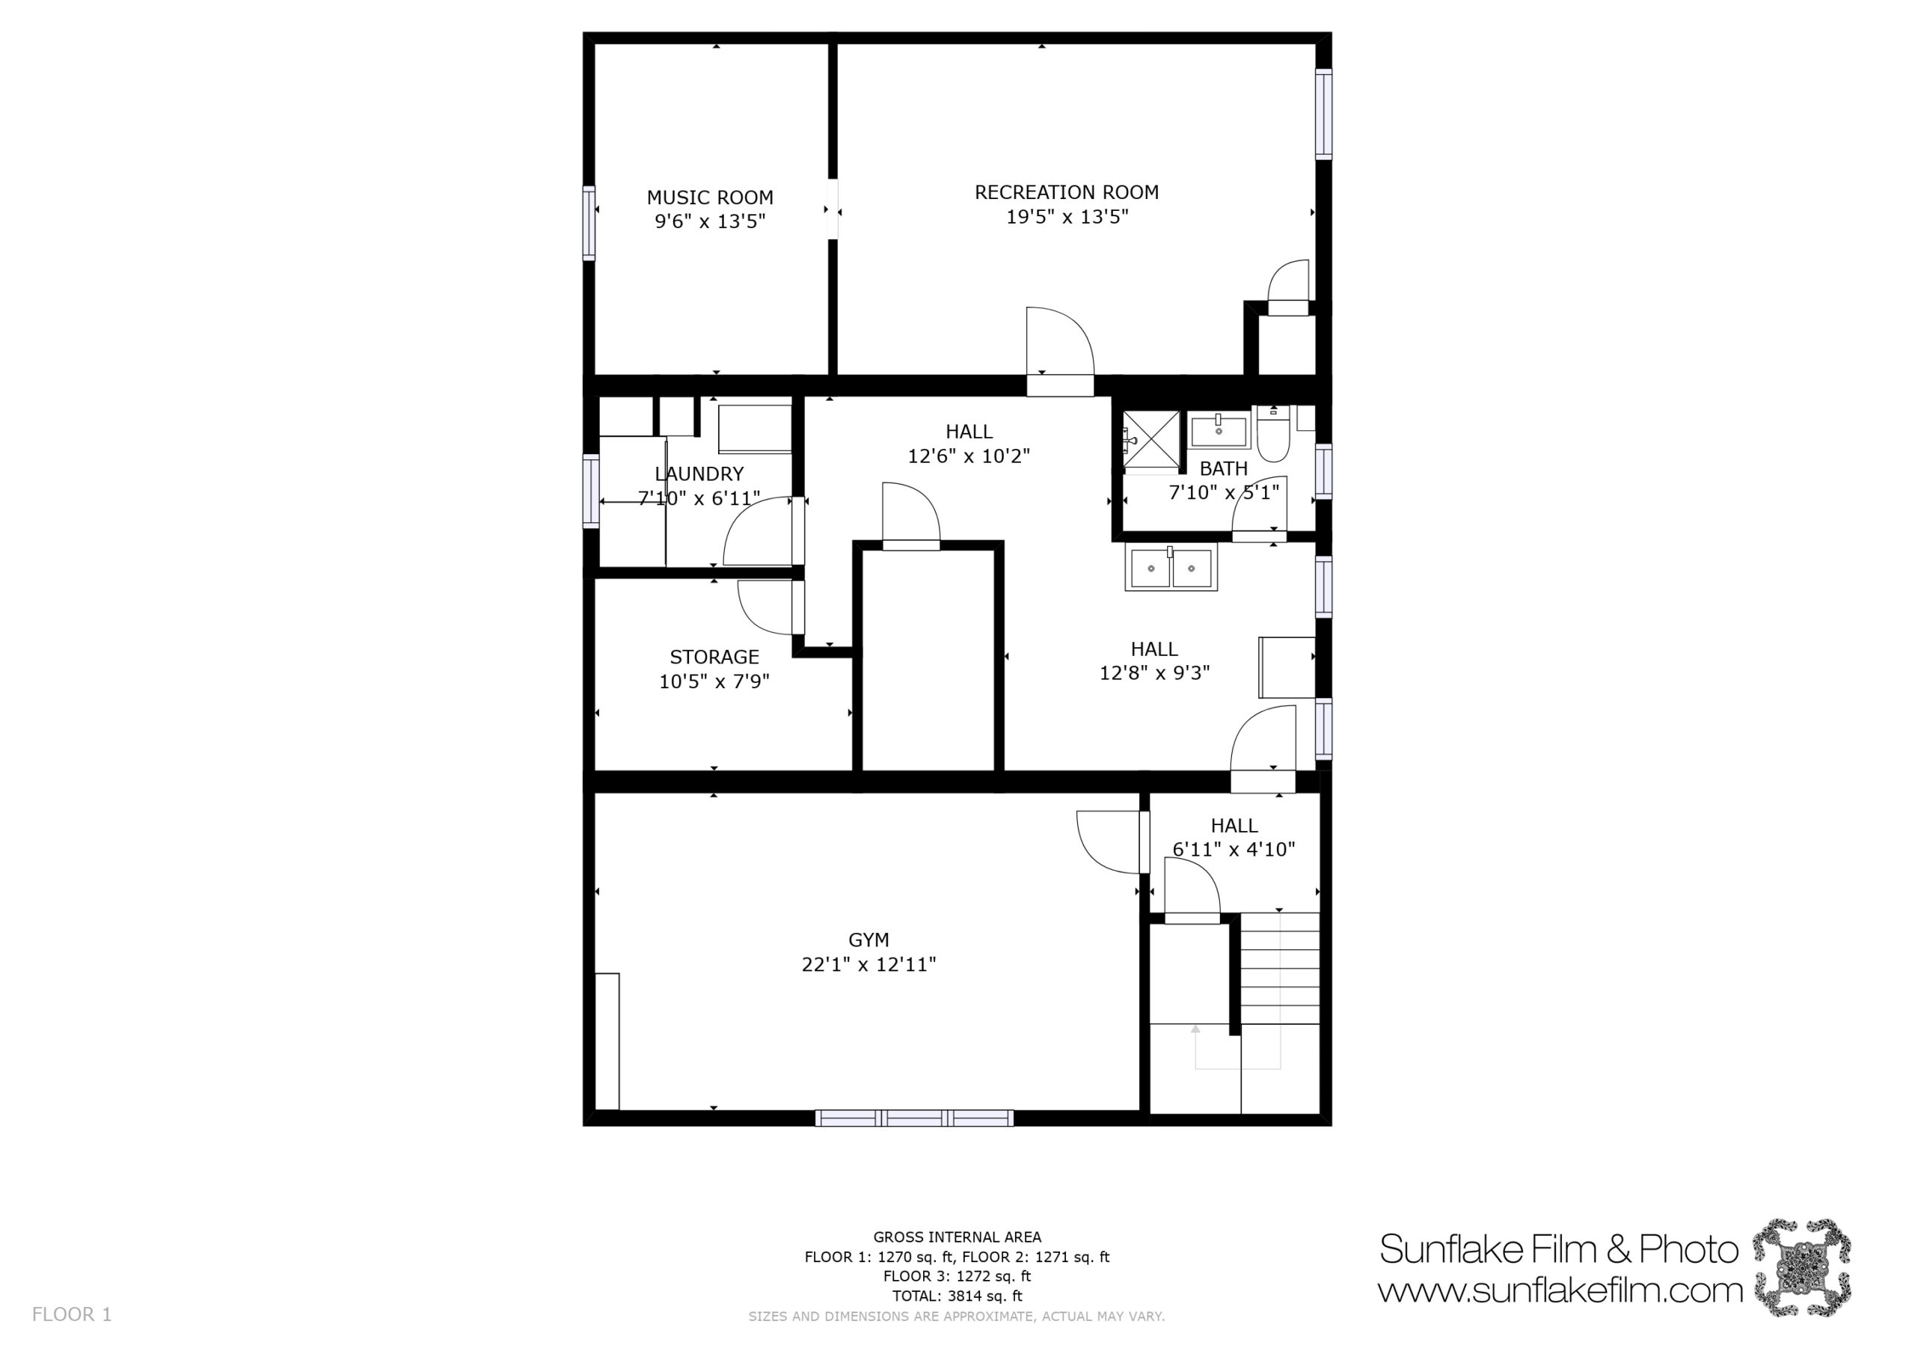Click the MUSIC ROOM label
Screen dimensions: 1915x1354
tap(710, 197)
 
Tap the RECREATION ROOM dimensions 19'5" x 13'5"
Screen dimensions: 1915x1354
tap(1067, 217)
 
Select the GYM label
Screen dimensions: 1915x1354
tap(868, 940)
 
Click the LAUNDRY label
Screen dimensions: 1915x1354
tap(699, 474)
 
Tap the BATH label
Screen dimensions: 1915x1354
tap(1224, 469)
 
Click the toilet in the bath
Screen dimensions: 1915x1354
tap(1274, 433)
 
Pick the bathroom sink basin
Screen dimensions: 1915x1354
tap(1219, 432)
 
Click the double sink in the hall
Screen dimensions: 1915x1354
tap(1171, 567)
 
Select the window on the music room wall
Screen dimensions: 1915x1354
tap(589, 223)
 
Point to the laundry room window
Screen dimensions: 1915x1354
tap(590, 491)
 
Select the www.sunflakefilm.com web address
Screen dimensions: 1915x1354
tap(1560, 1290)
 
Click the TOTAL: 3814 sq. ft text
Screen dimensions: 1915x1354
tap(957, 1296)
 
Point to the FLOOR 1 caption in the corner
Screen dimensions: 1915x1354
tap(72, 1315)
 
